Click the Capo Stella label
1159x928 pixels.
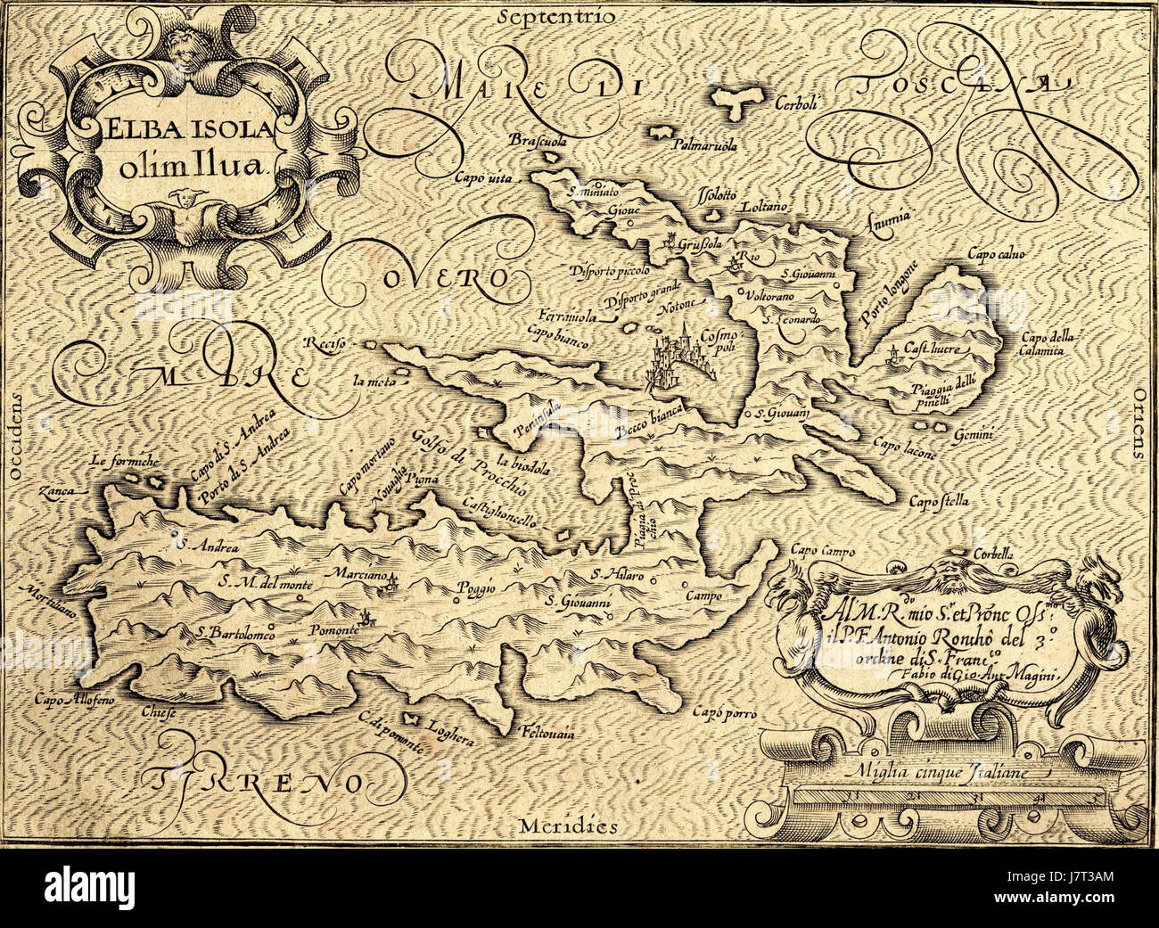click(x=937, y=503)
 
